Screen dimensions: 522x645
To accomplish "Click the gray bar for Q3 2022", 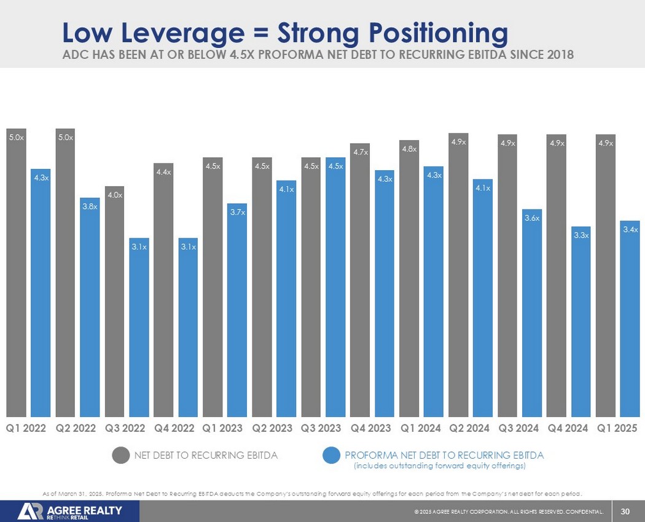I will [114, 301].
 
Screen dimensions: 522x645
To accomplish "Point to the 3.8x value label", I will [90, 206].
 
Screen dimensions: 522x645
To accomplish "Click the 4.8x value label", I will [409, 149].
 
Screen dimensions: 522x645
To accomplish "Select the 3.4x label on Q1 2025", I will [630, 229].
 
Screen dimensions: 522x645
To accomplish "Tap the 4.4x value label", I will [163, 172].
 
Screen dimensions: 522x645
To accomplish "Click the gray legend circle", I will [121, 456].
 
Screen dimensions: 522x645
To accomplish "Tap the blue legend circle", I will [332, 456].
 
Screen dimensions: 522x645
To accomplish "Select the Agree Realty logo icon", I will [30, 512].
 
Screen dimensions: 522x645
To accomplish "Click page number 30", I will [626, 511].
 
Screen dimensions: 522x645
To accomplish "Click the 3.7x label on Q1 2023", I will [237, 212].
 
